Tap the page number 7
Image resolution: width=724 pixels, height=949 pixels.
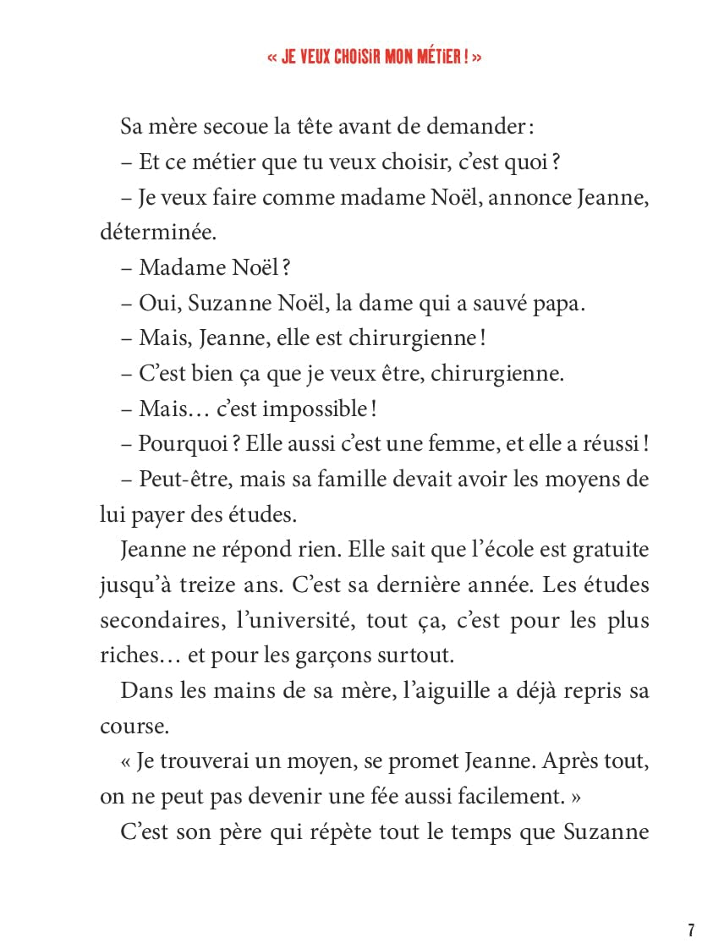tap(691, 930)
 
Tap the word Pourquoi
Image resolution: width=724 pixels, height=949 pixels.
tap(178, 444)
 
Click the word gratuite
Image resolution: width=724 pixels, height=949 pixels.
tap(609, 550)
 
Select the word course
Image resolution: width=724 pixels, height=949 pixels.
tap(128, 726)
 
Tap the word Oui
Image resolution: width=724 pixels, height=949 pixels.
tap(157, 304)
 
